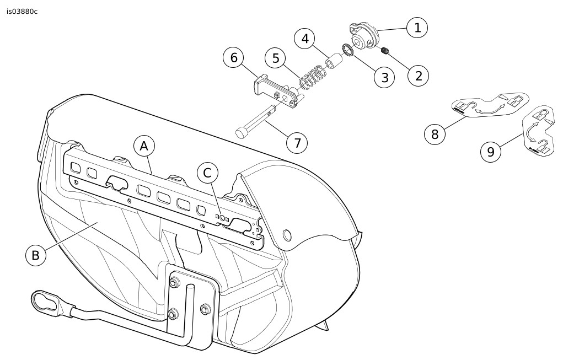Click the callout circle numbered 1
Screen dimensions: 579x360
[x=417, y=28]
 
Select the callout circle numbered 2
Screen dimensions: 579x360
[x=419, y=76]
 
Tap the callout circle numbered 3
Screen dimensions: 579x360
[x=384, y=78]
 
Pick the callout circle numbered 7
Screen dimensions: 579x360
[x=297, y=143]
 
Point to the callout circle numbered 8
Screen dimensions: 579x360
[x=435, y=134]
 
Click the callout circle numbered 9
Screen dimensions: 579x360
[x=491, y=152]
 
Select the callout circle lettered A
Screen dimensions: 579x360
[x=144, y=146]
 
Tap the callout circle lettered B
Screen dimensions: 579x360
[x=36, y=255]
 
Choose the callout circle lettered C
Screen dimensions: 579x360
[x=207, y=173]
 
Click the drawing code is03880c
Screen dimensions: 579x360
[x=22, y=11]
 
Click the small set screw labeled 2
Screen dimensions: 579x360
[x=385, y=51]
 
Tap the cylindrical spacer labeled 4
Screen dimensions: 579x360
[x=334, y=61]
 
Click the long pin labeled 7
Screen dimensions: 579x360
[x=255, y=122]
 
